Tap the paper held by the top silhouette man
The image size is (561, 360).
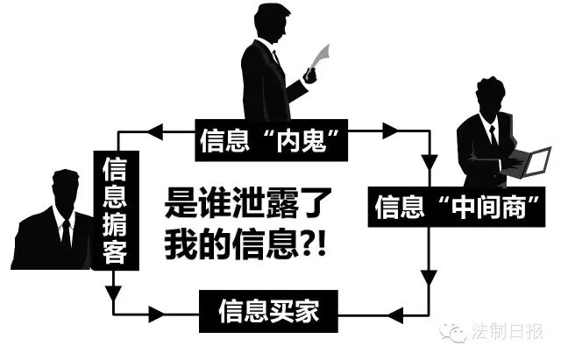[321, 58]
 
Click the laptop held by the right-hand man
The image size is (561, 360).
[529, 163]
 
